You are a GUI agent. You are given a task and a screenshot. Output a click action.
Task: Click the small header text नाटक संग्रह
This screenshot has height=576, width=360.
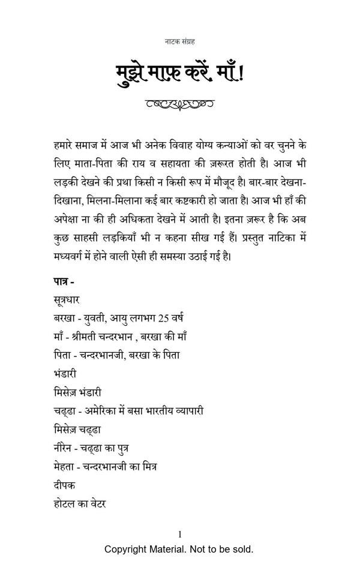point(180,41)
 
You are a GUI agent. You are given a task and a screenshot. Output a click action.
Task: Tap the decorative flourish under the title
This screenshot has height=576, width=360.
point(180,104)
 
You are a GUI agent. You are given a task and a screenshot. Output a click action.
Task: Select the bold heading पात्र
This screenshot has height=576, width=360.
point(62,281)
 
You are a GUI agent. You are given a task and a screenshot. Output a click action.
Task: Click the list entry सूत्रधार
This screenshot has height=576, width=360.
point(66,299)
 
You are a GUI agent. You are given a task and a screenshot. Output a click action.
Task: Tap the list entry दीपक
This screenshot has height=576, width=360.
point(64,485)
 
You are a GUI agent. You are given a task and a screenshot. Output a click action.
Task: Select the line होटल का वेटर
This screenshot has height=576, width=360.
point(79,503)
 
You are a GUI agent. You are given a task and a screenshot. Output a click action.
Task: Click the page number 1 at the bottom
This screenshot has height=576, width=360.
point(180,534)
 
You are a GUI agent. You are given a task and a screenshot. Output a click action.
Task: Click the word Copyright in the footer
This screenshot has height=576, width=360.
point(127,549)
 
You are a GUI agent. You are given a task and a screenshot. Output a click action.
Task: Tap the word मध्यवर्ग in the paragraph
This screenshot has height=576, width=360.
point(71,256)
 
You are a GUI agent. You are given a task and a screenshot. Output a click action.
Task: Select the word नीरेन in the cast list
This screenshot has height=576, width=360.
point(64,448)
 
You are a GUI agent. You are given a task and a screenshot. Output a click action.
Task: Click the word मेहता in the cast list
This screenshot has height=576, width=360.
point(65,466)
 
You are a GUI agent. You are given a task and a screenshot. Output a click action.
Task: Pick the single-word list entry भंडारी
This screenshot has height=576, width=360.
point(65,374)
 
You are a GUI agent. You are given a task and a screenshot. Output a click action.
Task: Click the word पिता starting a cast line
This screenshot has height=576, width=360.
point(62,355)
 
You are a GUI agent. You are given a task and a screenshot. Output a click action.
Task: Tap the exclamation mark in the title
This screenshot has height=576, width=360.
point(242,74)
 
